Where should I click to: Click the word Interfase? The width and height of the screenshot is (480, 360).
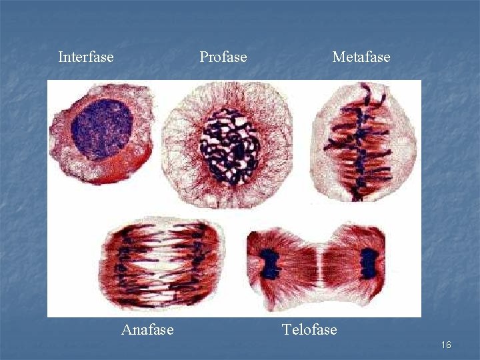pos(86,57)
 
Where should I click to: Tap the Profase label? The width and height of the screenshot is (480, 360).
pos(223,57)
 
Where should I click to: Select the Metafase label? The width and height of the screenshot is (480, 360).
pos(361,57)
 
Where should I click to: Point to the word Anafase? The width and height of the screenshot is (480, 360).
pos(147,329)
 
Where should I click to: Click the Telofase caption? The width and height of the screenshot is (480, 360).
pos(309,329)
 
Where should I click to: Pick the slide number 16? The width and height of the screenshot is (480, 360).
pos(446,345)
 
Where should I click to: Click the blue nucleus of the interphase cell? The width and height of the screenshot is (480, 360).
pos(102,130)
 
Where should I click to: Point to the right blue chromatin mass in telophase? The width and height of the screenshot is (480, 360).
pos(368,263)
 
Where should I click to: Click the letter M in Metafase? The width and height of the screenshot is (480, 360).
pos(339,57)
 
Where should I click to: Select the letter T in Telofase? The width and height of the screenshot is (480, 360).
pos(287,329)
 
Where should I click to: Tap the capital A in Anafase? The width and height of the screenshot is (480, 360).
pos(127,329)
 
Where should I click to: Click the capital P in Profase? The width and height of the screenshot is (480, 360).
pos(203,57)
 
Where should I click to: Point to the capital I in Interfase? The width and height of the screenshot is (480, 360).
pos(61,57)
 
